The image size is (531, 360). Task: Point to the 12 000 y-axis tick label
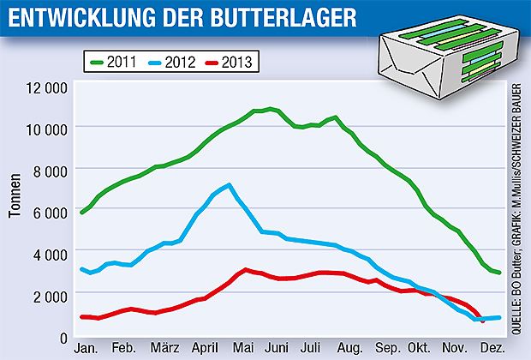click(x=46, y=88)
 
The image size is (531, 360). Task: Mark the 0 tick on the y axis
click(x=62, y=337)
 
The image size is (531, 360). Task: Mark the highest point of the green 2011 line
click(x=271, y=109)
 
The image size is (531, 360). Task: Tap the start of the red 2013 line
click(x=81, y=317)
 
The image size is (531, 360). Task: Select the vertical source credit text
click(x=519, y=206)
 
